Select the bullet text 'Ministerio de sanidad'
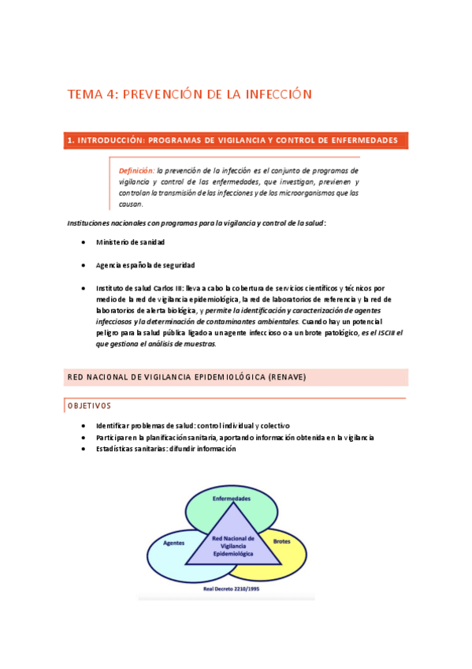click(131, 242)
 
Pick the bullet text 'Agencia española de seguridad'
click(146, 265)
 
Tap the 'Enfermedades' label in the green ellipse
click(232, 499)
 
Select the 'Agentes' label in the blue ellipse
click(173, 544)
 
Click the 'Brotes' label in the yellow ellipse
click(281, 542)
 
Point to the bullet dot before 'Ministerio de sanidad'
click(84, 242)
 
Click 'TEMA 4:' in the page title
click(92, 95)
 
